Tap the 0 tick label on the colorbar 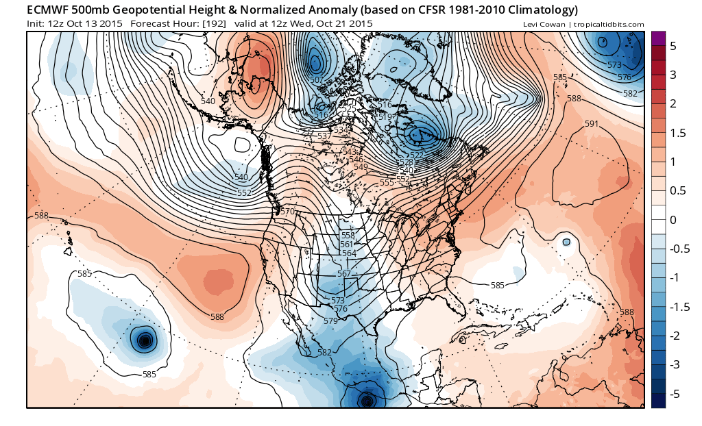click(x=673, y=220)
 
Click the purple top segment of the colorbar click(x=658, y=38)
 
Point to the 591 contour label click(x=592, y=124)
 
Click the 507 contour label click(x=317, y=80)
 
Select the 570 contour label click(x=287, y=212)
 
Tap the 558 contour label click(x=348, y=235)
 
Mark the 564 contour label click(x=349, y=253)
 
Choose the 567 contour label click(x=344, y=274)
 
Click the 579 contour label click(x=330, y=321)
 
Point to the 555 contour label click(x=387, y=182)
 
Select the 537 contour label click(x=325, y=136)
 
